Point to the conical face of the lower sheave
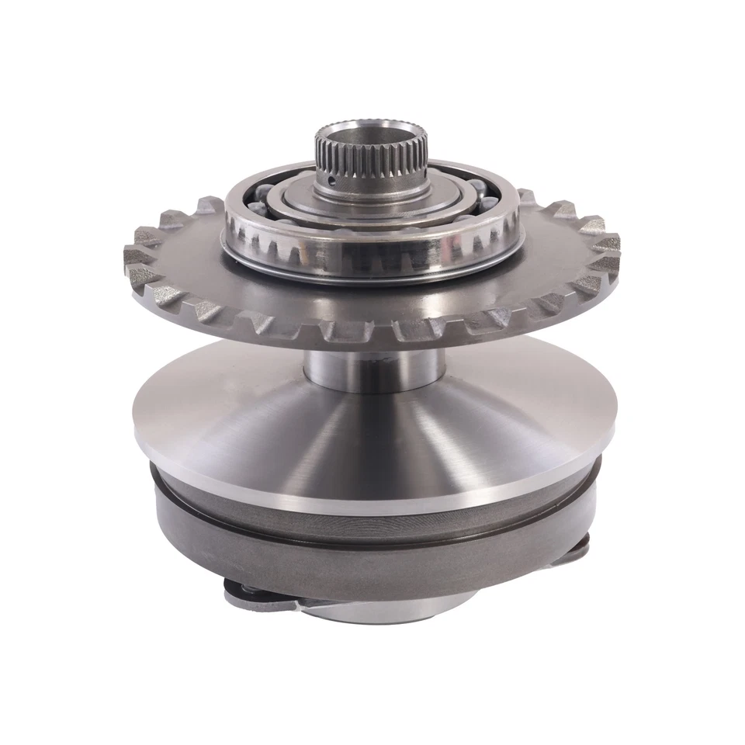[x=372, y=442]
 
